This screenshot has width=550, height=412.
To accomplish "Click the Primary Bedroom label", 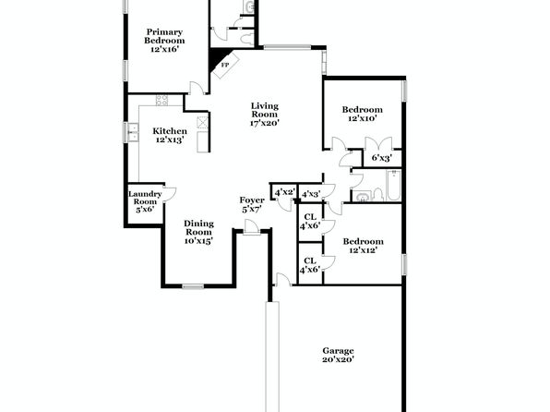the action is (164, 41).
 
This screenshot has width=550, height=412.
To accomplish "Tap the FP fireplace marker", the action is (224, 65).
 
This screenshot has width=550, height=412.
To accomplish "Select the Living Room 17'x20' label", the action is (265, 115).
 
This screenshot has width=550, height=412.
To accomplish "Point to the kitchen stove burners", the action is (161, 100).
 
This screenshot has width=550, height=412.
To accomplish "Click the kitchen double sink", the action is (133, 133).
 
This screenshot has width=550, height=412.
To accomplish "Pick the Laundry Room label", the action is (145, 202).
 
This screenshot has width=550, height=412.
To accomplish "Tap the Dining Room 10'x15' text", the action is (199, 232).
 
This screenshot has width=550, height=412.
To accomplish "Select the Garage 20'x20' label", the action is (338, 355).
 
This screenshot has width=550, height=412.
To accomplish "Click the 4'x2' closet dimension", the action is (284, 192).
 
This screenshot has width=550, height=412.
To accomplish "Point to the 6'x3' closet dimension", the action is (382, 158).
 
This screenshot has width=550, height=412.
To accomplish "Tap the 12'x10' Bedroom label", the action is (363, 114).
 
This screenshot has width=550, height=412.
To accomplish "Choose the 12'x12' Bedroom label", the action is (363, 246).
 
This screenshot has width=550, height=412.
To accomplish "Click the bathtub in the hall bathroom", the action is (393, 185).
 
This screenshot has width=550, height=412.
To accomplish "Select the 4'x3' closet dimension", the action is (312, 194).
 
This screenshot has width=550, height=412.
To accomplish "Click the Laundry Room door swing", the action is (170, 195).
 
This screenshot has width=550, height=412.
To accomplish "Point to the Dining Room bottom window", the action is (193, 286).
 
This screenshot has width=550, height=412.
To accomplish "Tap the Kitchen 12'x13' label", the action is (170, 136).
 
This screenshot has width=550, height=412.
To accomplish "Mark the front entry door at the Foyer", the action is (251, 226).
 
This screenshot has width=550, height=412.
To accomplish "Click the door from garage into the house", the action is (284, 280).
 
